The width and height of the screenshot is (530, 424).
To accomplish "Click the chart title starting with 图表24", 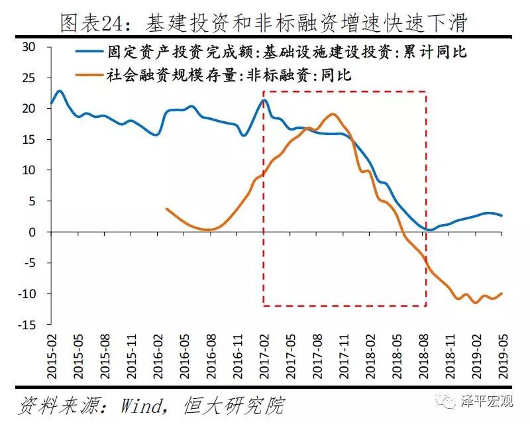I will tap(264, 24).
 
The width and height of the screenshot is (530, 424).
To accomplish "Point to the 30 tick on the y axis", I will tap(28, 47).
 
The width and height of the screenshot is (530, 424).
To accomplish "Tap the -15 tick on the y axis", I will tap(26, 325).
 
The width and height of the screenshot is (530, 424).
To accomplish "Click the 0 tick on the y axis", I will tap(32, 232).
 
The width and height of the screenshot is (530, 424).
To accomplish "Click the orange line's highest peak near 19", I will tap(333, 114).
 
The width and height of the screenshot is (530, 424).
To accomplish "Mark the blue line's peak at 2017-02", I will tap(264, 100).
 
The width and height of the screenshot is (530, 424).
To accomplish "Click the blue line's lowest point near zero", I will tap(429, 230).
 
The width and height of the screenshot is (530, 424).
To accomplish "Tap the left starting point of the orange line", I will tap(166, 209).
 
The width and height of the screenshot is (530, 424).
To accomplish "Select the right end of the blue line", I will tap(502, 215).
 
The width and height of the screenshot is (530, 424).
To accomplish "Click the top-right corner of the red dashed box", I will tap(425, 91).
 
